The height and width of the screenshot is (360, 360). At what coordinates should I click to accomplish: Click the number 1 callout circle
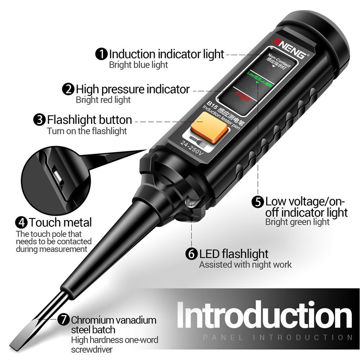coord(101,54)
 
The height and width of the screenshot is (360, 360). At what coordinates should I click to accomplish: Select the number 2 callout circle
coord(68,89)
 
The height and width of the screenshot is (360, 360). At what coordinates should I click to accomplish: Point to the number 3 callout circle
coord(39,120)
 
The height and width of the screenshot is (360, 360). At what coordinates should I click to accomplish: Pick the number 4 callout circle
coord(21,222)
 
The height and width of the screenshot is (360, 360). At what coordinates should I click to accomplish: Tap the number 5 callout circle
coord(258,202)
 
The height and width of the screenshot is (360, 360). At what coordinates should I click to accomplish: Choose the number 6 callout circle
coord(191,254)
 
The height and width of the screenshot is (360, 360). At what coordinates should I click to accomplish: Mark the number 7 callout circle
coord(64,320)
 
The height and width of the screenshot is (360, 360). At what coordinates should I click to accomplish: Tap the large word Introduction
coord(264,315)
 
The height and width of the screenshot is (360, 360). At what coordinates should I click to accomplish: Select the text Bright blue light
coord(138,64)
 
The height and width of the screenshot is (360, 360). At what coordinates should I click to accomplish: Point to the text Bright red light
coord(103,100)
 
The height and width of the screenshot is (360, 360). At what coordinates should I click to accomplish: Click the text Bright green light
coord(297,222)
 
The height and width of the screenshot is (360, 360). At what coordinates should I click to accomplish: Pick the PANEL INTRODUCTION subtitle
coord(277,337)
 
